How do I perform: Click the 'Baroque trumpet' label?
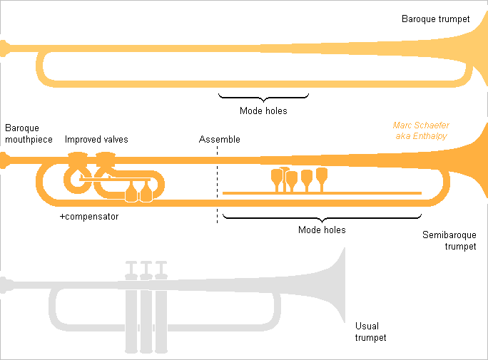point(435,19)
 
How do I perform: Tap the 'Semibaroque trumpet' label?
point(449,240)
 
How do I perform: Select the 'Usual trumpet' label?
point(370,332)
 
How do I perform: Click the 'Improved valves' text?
point(96,139)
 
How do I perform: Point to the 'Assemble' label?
point(219,139)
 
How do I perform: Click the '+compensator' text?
point(89,216)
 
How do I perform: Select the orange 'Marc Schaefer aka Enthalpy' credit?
point(421,130)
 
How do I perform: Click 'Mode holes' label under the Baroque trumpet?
point(263,110)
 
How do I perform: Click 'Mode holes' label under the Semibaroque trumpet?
point(322,230)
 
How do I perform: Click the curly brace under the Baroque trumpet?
point(263,97)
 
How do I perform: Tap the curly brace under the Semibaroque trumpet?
point(322,217)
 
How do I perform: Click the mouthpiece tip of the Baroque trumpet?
point(5,48)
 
